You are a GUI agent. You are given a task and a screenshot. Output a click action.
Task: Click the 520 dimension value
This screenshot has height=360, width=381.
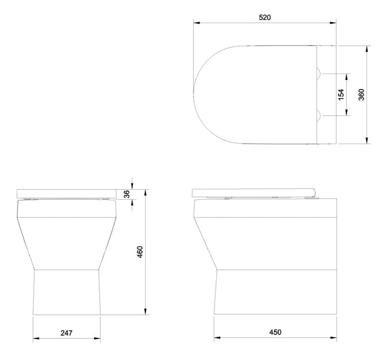(x=265, y=17)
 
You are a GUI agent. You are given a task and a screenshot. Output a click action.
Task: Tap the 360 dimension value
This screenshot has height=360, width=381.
(x=361, y=94)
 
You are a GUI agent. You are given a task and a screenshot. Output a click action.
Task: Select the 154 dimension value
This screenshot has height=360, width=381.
(x=341, y=94)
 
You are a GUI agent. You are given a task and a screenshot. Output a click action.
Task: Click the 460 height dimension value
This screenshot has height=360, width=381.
(x=139, y=252)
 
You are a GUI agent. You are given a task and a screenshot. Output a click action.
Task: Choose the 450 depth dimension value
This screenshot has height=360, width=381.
(x=275, y=332)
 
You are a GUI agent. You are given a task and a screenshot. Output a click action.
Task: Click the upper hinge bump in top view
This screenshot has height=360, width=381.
(x=319, y=74)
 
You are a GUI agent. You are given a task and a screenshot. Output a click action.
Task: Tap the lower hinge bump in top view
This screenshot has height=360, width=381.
(x=319, y=116)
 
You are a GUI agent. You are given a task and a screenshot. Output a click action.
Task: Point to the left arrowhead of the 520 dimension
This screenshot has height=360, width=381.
(x=195, y=23)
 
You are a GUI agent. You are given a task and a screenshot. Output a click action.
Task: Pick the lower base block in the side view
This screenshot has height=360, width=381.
(x=275, y=292)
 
